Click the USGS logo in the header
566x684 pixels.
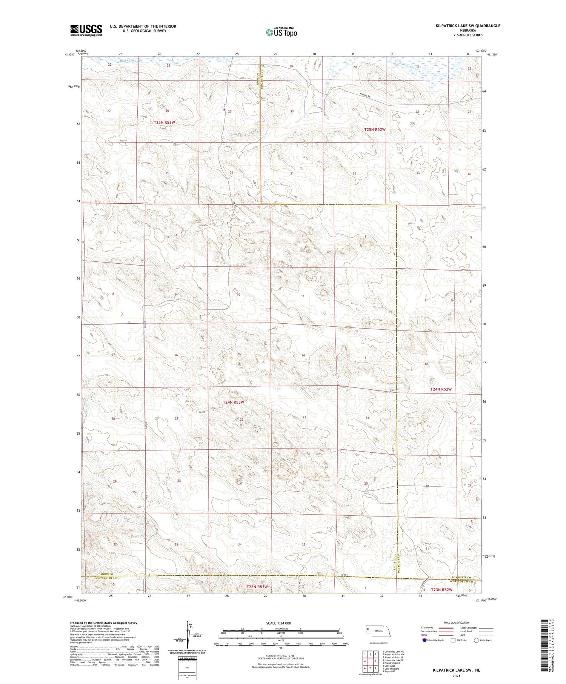point(86,30)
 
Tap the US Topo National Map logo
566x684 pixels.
point(281,32)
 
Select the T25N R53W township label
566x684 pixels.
point(165,123)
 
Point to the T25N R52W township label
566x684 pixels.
point(375,129)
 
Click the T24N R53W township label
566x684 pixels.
point(233,402)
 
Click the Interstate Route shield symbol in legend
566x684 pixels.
point(424,640)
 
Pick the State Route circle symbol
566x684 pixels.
point(476,640)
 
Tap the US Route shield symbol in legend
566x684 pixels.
point(453,640)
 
